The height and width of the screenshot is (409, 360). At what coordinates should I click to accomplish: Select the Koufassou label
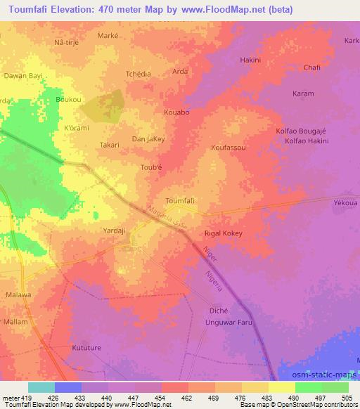click(228, 148)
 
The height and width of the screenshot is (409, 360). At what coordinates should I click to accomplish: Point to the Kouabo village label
click(176, 112)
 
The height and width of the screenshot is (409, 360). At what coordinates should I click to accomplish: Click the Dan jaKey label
click(148, 139)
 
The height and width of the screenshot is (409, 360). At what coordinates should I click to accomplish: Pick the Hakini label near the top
click(250, 60)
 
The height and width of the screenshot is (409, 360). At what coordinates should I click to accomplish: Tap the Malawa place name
click(18, 294)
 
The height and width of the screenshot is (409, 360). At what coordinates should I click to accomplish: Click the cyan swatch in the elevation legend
click(41, 387)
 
